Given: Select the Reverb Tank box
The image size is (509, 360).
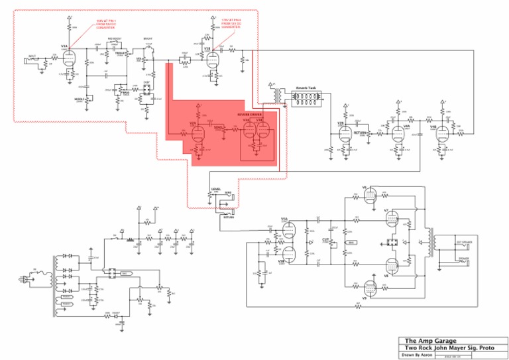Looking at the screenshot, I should coord(306,97).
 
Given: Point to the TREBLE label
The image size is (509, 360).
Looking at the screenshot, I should coord(121,52).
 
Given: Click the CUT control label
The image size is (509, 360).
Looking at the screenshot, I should coord(325,238).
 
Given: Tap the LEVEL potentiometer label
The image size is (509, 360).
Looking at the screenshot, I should coord(215,190).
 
